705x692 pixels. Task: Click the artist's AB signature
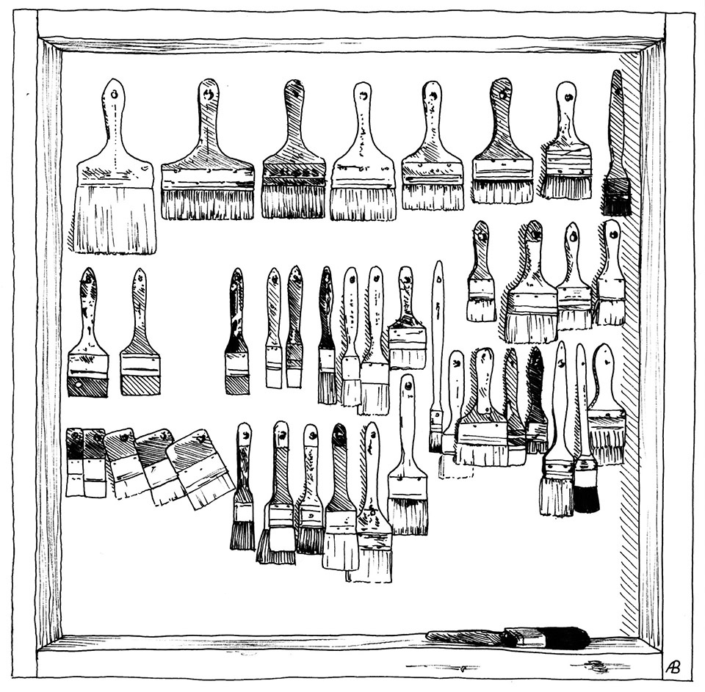(673, 666)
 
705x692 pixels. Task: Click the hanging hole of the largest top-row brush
(115, 94)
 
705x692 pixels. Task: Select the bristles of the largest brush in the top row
(115, 219)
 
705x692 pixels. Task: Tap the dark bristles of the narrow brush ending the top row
(616, 197)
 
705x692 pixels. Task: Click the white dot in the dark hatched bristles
(79, 385)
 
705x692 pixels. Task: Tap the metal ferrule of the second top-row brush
(207, 176)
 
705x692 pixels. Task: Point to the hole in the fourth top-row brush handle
(364, 95)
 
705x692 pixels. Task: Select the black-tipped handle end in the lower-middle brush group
(340, 434)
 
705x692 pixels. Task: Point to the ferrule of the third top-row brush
(293, 175)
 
